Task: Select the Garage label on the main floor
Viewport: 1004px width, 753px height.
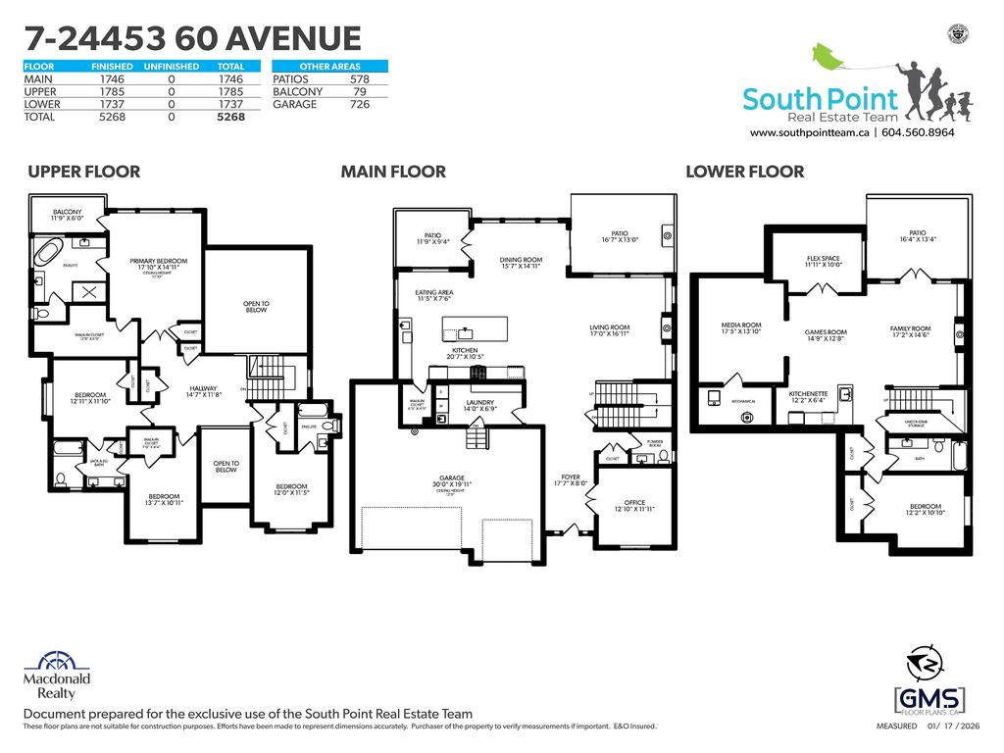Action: click(x=451, y=479)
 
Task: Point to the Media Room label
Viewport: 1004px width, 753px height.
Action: click(x=740, y=328)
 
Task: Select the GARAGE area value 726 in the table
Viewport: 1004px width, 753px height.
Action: click(x=360, y=104)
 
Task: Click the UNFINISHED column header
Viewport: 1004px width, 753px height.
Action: click(x=171, y=67)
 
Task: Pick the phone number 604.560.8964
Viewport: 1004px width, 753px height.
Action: click(x=918, y=132)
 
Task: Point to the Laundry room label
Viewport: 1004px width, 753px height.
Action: click(x=479, y=405)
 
